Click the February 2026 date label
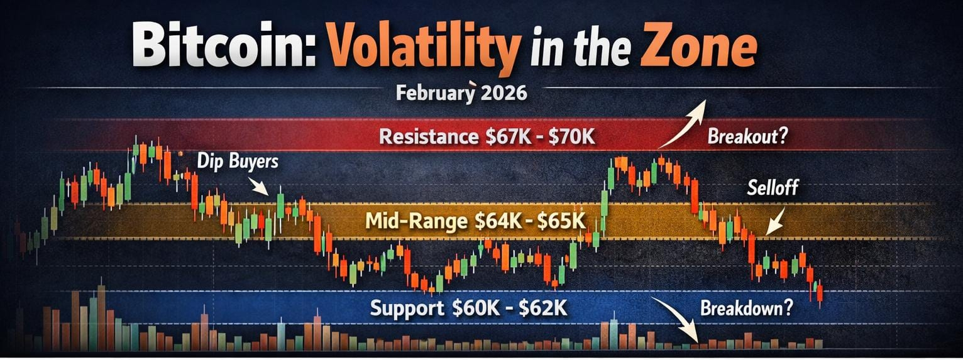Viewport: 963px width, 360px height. pos(461,93)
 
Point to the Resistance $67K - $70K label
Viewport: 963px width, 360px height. pos(488,137)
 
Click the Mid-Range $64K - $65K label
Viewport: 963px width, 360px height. pos(475,221)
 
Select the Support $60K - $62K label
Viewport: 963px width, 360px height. pos(468,308)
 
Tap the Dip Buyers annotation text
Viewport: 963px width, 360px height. pos(238,162)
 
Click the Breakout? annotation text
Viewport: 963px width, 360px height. pos(747,137)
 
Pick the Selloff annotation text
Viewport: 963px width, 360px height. pos(773,187)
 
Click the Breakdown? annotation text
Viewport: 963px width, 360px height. pos(747,308)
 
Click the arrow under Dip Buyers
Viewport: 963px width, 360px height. pos(259,187)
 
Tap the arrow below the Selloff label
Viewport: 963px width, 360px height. pos(776,221)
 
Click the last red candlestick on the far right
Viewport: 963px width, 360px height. pos(820,294)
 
